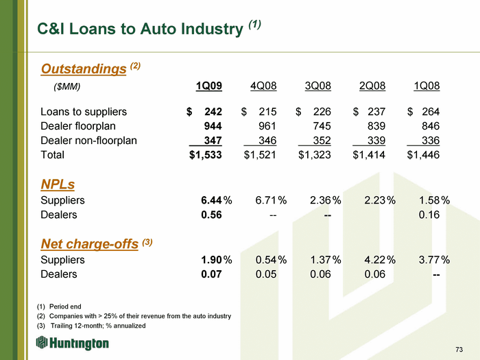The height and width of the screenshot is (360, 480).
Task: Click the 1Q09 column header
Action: tap(208, 86)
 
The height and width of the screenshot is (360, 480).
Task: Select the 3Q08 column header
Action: tap(317, 86)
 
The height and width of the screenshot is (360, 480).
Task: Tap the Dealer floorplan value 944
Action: tap(213, 125)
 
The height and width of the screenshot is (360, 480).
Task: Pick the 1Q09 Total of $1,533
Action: tap(206, 154)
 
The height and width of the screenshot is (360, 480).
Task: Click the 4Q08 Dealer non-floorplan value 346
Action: tap(267, 141)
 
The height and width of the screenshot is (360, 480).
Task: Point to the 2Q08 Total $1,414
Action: tap(369, 154)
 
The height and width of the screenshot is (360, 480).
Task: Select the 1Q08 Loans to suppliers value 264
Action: tap(431, 111)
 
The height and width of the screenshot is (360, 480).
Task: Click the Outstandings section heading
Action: tap(84, 69)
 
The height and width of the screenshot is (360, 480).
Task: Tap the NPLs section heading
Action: tap(58, 184)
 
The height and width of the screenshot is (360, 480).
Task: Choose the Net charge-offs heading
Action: tap(90, 244)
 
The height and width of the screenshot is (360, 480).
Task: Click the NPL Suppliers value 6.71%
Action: tap(271, 200)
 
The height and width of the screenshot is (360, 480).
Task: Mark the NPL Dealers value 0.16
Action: tap(429, 215)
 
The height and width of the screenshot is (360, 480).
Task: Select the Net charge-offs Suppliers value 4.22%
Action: tap(380, 260)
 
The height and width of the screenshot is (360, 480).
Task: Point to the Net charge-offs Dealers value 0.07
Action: tap(211, 274)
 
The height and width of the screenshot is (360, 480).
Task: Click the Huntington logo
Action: tap(73, 343)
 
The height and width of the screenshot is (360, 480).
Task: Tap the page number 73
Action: tap(459, 349)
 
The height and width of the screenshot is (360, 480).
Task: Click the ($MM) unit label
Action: tap(67, 87)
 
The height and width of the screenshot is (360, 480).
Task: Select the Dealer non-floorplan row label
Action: tap(88, 141)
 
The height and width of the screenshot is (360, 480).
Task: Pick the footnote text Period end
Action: tap(65, 307)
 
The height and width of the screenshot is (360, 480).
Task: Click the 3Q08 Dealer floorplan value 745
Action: tap(322, 125)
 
